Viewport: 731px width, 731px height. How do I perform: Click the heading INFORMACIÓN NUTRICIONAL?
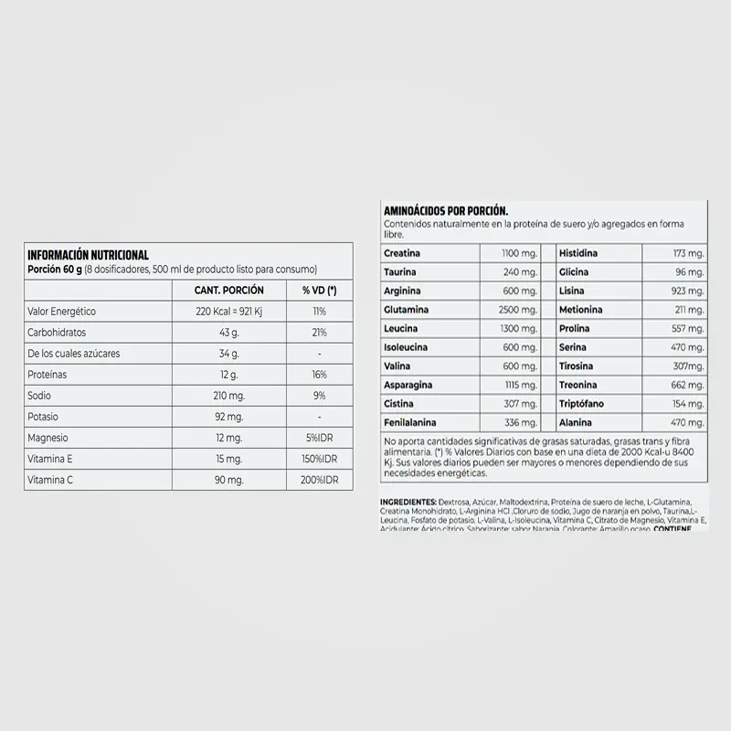(x=89, y=255)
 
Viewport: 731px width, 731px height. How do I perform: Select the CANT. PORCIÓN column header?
(x=229, y=290)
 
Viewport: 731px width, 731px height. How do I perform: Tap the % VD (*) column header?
(x=319, y=290)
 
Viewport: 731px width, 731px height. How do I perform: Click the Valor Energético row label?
(x=62, y=312)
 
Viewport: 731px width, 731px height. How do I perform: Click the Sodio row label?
(x=40, y=396)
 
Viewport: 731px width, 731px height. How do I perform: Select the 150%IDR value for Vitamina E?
(x=320, y=459)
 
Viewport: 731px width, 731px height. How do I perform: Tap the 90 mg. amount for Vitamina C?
(x=229, y=480)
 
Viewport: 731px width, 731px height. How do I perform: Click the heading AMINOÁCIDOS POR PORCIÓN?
(x=446, y=210)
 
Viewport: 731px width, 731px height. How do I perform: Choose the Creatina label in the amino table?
(x=402, y=253)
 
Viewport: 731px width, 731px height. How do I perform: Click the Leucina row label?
(x=402, y=329)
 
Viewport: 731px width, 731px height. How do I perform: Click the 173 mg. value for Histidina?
(x=685, y=253)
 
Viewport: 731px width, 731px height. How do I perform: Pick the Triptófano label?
(x=585, y=404)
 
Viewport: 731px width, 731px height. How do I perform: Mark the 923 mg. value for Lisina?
(x=685, y=291)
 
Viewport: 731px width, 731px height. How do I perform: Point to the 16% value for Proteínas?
(x=320, y=375)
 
